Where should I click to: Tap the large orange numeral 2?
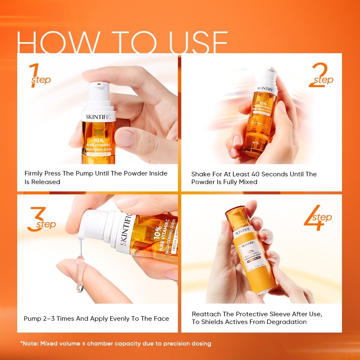pyautogui.click(x=316, y=75)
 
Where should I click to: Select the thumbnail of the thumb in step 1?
pyautogui.click(x=125, y=138)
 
